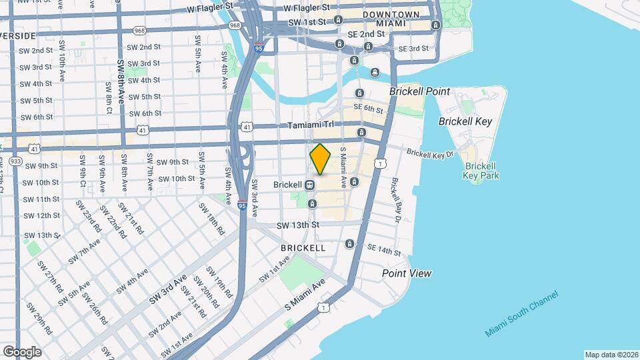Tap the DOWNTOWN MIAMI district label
click(x=391, y=19)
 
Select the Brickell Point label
click(x=420, y=91)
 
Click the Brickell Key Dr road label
click(x=430, y=153)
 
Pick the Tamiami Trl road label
click(x=309, y=125)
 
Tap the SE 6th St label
click(x=368, y=107)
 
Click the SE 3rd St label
click(x=413, y=49)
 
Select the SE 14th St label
click(x=385, y=250)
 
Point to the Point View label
click(x=406, y=273)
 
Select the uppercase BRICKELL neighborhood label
click(x=303, y=248)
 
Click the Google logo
click(x=22, y=351)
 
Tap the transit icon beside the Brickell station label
click(x=311, y=185)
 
